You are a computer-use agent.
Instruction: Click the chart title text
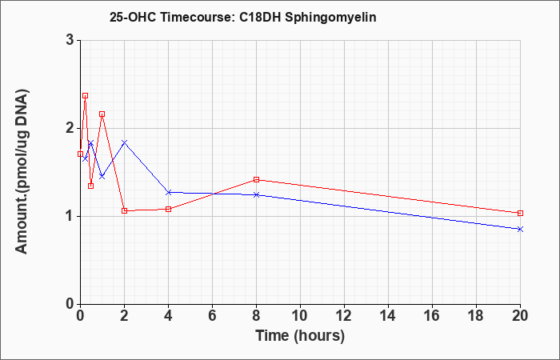pyautogui.click(x=243, y=17)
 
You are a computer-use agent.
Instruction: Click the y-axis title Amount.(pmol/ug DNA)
pyautogui.click(x=22, y=171)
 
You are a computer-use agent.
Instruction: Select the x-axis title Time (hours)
pyautogui.click(x=300, y=336)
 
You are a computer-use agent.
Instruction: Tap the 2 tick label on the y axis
pyautogui.click(x=70, y=128)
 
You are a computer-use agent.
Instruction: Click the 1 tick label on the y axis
pyautogui.click(x=70, y=216)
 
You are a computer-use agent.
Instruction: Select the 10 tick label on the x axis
pyautogui.click(x=300, y=316)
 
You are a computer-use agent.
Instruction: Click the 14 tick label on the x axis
pyautogui.click(x=388, y=316)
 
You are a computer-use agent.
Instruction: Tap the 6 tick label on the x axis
pyautogui.click(x=212, y=316)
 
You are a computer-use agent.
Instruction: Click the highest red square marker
pyautogui.click(x=85, y=96)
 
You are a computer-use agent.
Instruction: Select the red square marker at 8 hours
pyautogui.click(x=256, y=180)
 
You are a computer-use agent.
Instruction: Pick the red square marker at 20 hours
pyautogui.click(x=520, y=214)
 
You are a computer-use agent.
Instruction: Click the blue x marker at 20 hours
pyautogui.click(x=520, y=230)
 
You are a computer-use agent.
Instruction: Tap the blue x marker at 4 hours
pyautogui.click(x=168, y=193)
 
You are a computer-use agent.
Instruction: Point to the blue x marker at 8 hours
pyautogui.click(x=256, y=194)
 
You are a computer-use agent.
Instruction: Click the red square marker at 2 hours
pyautogui.click(x=124, y=210)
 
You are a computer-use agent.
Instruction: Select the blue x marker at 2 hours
pyautogui.click(x=124, y=142)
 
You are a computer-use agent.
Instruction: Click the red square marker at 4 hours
pyautogui.click(x=168, y=209)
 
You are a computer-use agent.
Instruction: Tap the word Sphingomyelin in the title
pyautogui.click(x=330, y=18)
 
